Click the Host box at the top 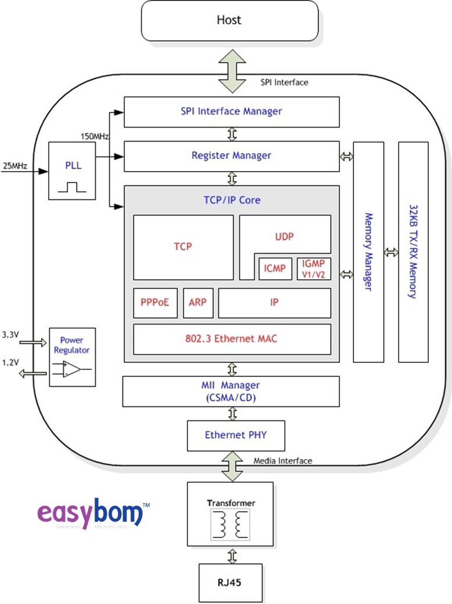229,20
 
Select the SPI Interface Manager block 232,111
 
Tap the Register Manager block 232,155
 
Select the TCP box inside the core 183,247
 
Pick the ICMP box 274,269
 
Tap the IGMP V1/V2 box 313,268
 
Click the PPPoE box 155,303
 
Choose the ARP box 197,303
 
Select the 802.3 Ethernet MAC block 232,339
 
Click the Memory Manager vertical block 368,252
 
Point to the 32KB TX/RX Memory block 413,252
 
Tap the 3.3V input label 10,335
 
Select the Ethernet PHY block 236,435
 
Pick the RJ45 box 230,582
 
